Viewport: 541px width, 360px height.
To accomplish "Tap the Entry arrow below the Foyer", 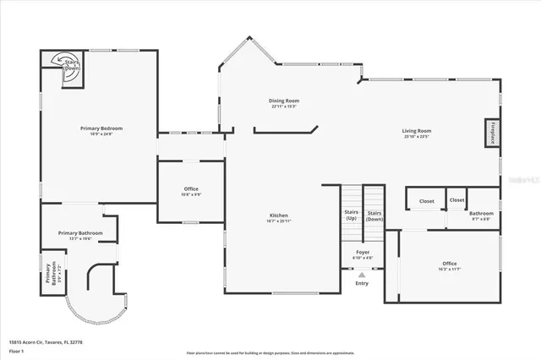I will (362, 274).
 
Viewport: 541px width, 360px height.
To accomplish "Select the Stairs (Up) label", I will (351, 215).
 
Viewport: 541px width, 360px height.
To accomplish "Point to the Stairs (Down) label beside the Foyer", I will (374, 215).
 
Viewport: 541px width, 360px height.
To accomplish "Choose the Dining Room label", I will (285, 103).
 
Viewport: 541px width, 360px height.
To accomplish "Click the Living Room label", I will (416, 133).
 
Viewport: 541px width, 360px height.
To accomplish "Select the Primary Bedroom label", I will (101, 130).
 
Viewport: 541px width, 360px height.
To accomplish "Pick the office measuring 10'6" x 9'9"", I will (192, 190).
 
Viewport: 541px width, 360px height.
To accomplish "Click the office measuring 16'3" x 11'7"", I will (449, 265).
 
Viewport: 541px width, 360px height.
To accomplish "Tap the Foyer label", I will (362, 254).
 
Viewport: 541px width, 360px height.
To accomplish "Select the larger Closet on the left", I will (426, 201).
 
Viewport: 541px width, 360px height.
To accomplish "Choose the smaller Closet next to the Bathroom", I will (456, 200).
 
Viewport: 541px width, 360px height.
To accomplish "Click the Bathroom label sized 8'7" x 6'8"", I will (482, 215).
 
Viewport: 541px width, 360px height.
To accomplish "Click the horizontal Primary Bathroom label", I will (80, 234).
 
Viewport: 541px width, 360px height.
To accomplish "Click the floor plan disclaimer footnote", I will (270, 352).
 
